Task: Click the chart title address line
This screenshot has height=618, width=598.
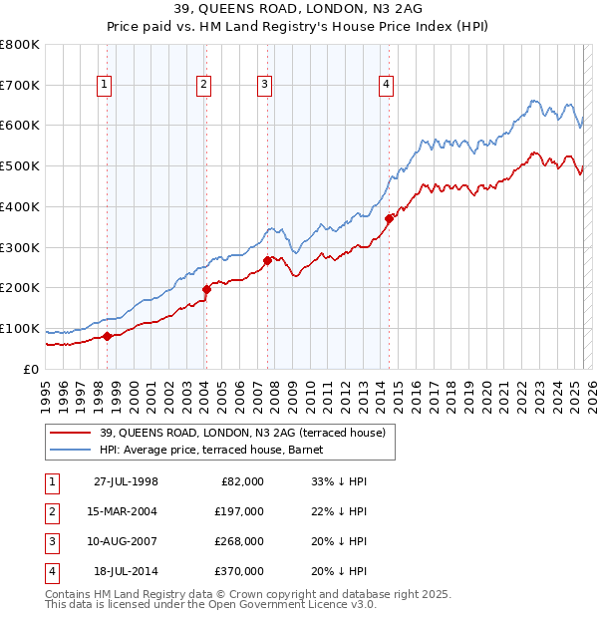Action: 298,12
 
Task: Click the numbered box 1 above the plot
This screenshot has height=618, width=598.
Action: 104,86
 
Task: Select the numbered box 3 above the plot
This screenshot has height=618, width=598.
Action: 264,86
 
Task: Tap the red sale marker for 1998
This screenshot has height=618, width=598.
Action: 108,336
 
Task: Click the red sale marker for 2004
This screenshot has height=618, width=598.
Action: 206,289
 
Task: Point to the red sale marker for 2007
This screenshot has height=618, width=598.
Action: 267,260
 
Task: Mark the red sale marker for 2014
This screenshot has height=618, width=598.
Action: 389,218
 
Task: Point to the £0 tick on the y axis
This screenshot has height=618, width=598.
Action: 32,369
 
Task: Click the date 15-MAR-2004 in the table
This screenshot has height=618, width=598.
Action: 124,511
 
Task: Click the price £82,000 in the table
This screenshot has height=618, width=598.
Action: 242,481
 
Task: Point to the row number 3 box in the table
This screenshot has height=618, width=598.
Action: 51,541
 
